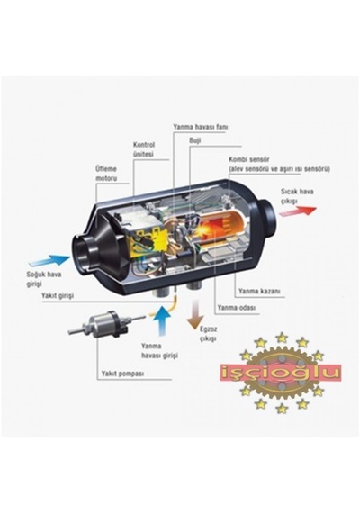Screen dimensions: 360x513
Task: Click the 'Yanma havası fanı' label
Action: [200, 127]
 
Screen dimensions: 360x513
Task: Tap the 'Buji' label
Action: [194, 140]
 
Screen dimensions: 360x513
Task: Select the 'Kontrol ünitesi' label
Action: [144, 149]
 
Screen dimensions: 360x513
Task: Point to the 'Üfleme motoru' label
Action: [106, 174]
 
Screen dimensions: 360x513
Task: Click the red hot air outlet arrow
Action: [298, 211]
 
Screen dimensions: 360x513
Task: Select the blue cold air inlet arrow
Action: [49, 260]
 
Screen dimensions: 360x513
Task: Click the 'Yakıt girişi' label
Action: [58, 295]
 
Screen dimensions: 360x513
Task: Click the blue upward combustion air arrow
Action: [162, 319]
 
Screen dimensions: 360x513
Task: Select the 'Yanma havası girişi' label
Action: [159, 350]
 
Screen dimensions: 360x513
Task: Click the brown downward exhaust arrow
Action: [195, 314]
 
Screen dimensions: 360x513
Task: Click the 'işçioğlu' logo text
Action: [281, 373]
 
